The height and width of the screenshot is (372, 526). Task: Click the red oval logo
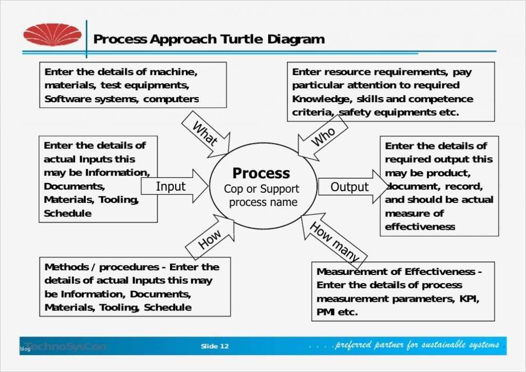click(x=52, y=35)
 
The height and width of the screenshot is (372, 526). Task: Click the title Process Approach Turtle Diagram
click(x=209, y=40)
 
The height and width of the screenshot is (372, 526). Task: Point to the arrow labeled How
click(x=210, y=238)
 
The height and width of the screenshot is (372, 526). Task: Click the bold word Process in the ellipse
click(x=261, y=173)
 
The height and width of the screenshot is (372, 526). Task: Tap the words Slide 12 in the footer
click(x=214, y=346)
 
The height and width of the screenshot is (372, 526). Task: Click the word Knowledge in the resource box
click(x=315, y=99)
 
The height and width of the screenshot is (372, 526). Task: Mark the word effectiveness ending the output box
click(x=420, y=227)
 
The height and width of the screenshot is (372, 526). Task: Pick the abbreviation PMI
click(x=326, y=312)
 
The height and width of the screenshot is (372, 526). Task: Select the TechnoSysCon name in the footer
click(x=66, y=346)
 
